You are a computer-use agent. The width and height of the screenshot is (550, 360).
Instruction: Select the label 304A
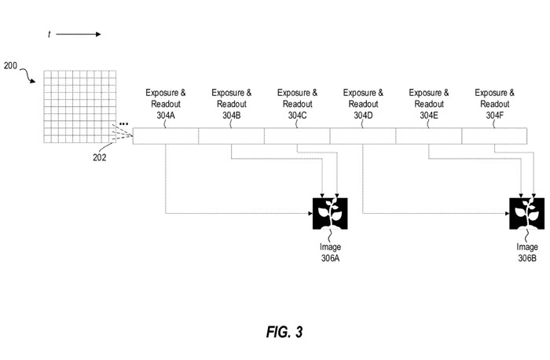(x=166, y=116)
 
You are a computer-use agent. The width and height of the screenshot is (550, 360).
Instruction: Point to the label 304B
(x=232, y=116)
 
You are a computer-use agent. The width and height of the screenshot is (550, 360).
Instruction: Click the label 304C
(x=298, y=116)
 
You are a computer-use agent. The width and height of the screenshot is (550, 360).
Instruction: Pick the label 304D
(x=364, y=116)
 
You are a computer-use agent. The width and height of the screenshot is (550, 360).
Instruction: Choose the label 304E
(x=429, y=116)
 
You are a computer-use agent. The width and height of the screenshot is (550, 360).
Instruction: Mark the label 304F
(x=495, y=116)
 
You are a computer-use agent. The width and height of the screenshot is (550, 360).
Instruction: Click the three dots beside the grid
(x=124, y=125)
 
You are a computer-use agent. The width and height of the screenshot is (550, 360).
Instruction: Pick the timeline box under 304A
(x=166, y=137)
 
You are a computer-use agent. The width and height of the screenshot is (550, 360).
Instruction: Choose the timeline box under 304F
(x=495, y=137)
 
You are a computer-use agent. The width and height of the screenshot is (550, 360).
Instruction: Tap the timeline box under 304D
(x=363, y=137)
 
